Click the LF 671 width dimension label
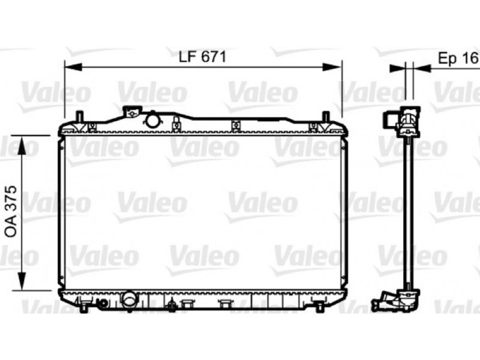pyautogui.click(x=202, y=56)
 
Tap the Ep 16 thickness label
pyautogui.click(x=458, y=58)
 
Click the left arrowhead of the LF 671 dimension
pyautogui.click(x=73, y=67)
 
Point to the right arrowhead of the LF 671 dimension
pyautogui.click(x=332, y=67)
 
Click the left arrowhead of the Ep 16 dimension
pyautogui.click(x=398, y=68)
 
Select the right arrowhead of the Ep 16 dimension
pyautogui.click(x=422, y=68)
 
